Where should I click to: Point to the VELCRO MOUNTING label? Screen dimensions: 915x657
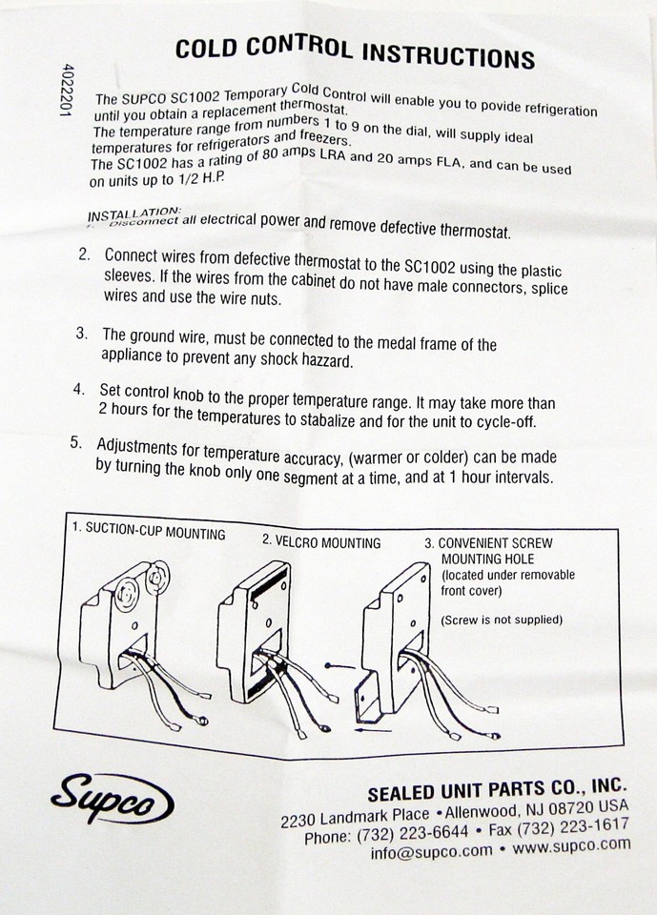pos(321,542)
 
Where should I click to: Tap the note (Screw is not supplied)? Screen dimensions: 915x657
pos(502,620)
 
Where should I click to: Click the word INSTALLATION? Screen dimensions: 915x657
pos(133,212)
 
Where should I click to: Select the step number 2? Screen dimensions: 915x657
pos(85,255)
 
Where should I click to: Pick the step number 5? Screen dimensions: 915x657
pos(76,443)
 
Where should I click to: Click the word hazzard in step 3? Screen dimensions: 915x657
pos(321,361)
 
